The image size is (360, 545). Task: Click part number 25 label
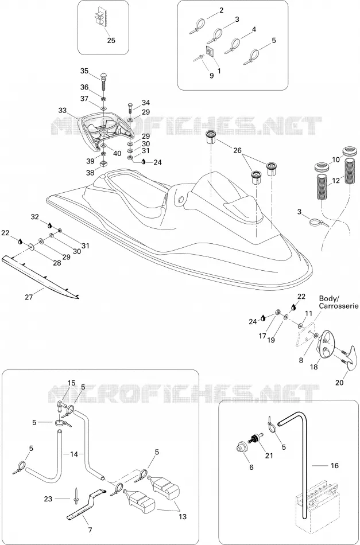(x=111, y=40)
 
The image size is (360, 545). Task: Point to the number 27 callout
(x=29, y=297)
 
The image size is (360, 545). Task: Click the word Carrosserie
(x=339, y=306)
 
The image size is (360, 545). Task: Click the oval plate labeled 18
(x=327, y=344)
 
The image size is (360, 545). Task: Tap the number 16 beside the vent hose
(x=334, y=466)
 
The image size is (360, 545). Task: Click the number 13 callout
(x=182, y=517)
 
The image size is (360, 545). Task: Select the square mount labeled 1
(x=210, y=52)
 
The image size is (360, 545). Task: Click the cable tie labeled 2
(x=198, y=27)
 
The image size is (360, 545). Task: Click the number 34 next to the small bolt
(x=146, y=103)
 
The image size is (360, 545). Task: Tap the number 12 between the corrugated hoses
(x=336, y=181)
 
